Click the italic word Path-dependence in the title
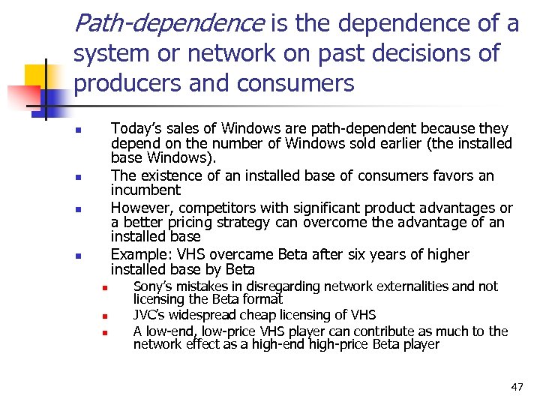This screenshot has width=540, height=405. [169, 24]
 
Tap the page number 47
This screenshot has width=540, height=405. [517, 387]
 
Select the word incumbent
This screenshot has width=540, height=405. [145, 190]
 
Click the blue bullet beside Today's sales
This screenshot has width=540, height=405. [78, 132]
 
